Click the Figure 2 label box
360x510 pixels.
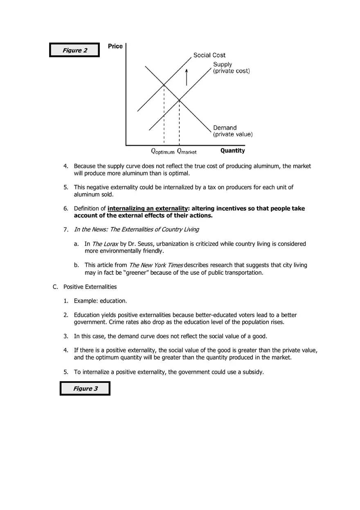pos(74,50)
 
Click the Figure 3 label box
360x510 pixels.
pos(85,389)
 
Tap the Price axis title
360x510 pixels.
pos(115,46)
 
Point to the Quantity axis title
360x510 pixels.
pos(232,151)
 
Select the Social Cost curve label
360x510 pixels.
pos(209,55)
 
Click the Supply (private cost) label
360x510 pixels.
pos(231,67)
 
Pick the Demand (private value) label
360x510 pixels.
pos(232,131)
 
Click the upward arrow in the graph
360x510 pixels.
pos(187,77)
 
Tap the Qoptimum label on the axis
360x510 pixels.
pos(163,151)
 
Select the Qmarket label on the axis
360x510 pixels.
pos(187,151)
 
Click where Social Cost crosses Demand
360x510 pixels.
pos(164,85)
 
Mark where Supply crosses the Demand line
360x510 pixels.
pos(179,99)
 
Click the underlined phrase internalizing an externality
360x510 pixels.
pos(147,209)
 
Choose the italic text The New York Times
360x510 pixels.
pos(156,265)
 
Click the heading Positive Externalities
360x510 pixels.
pos(90,287)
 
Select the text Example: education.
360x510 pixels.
pos(100,301)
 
